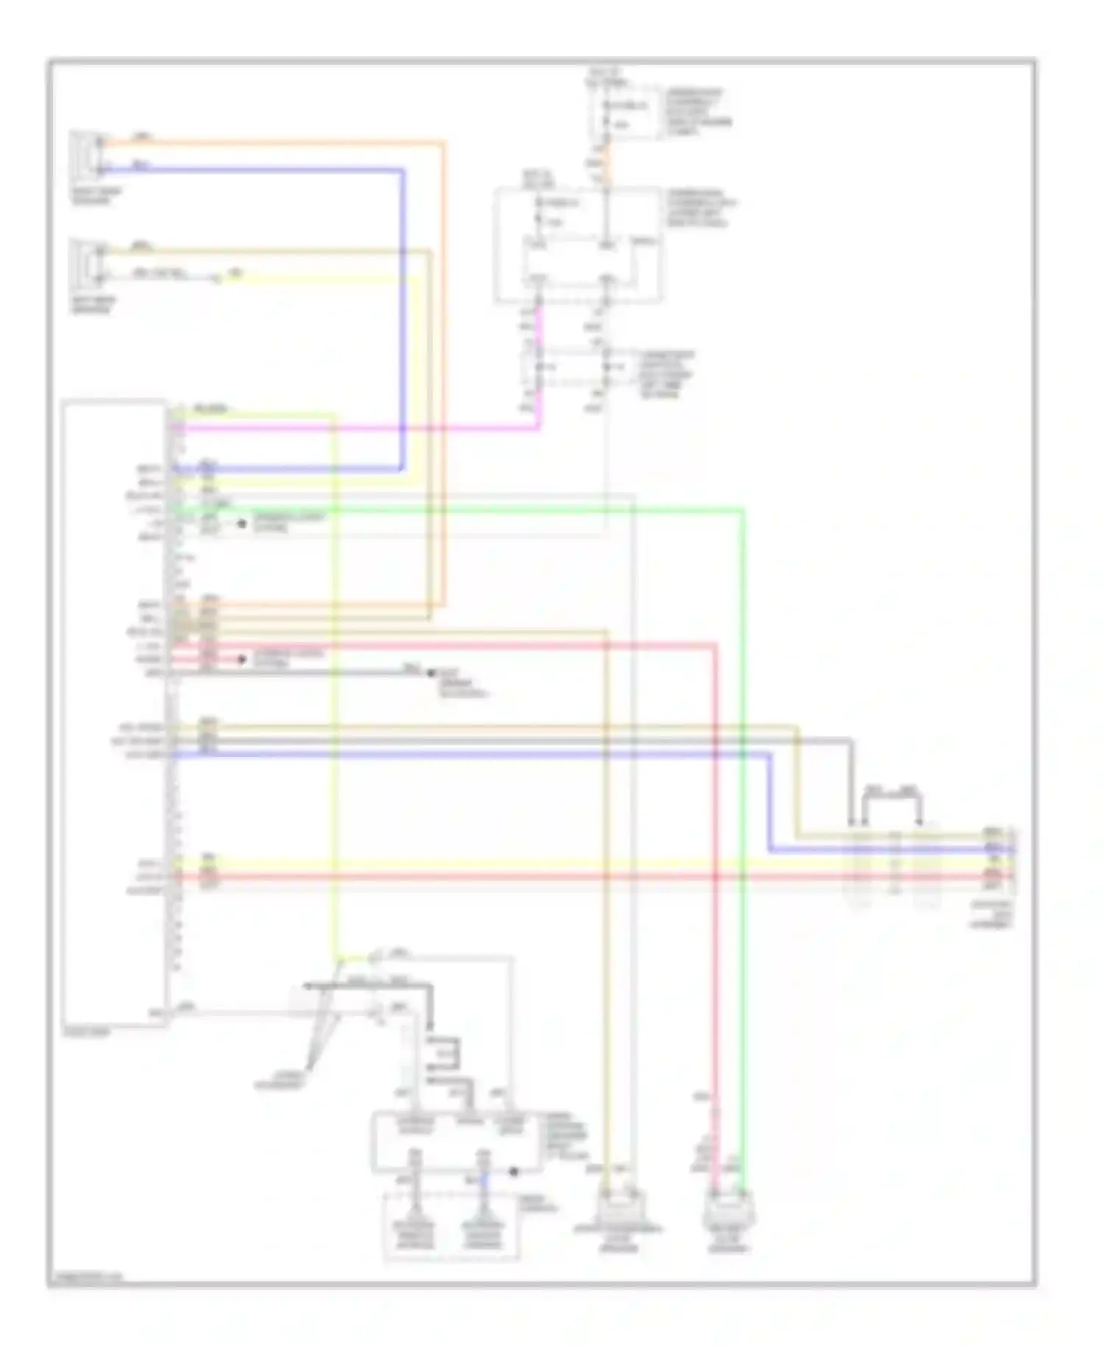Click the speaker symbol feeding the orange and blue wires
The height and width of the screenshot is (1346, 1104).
[x=89, y=155]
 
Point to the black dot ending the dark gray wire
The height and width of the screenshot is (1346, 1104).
[x=431, y=672]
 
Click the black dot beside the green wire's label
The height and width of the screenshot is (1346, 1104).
[x=241, y=524]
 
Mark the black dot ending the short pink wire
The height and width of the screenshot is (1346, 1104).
[x=241, y=659]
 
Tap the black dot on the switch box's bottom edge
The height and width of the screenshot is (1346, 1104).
[x=514, y=1171]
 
